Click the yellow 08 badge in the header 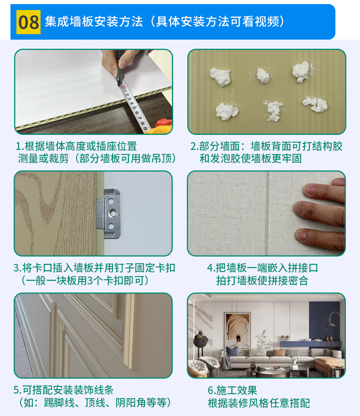(29, 22)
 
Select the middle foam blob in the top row (263, 75)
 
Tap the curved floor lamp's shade (329, 324)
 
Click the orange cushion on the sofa (278, 353)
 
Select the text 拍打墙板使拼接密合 (262, 281)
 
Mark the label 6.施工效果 (232, 390)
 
